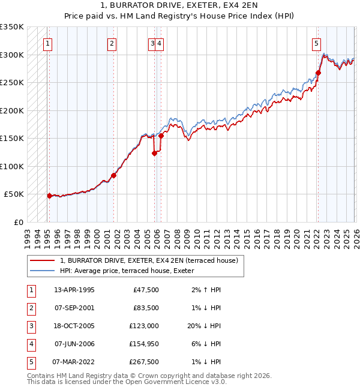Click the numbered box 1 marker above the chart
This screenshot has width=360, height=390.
click(x=47, y=43)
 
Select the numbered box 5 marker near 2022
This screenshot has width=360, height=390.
click(x=316, y=43)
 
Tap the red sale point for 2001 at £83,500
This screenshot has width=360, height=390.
click(x=113, y=176)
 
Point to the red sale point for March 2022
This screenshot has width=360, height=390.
click(x=318, y=73)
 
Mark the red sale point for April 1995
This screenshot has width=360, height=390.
click(x=49, y=196)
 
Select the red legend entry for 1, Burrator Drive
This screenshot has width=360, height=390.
click(x=149, y=260)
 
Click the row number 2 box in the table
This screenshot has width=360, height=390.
click(x=30, y=308)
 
